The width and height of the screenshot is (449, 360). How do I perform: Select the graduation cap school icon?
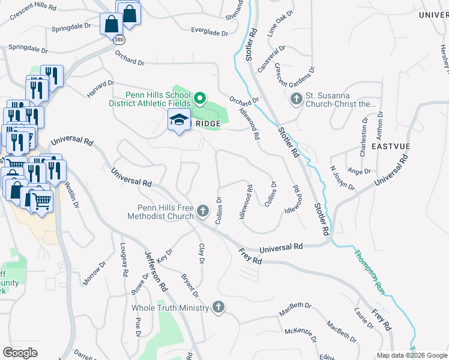(179, 121)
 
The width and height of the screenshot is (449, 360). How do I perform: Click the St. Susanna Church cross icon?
(296, 98)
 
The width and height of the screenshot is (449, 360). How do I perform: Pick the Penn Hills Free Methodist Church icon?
(203, 211)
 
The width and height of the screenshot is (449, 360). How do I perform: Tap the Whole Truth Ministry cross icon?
(218, 307)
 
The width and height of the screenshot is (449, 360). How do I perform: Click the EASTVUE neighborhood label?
(390, 146)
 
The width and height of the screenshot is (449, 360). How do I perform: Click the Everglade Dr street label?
(209, 31)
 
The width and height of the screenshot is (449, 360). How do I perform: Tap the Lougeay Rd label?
(124, 259)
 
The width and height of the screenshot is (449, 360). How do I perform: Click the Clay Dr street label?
(202, 254)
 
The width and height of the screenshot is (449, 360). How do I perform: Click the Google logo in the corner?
(20, 352)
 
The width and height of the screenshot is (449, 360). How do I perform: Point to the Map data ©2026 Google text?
(412, 355)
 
